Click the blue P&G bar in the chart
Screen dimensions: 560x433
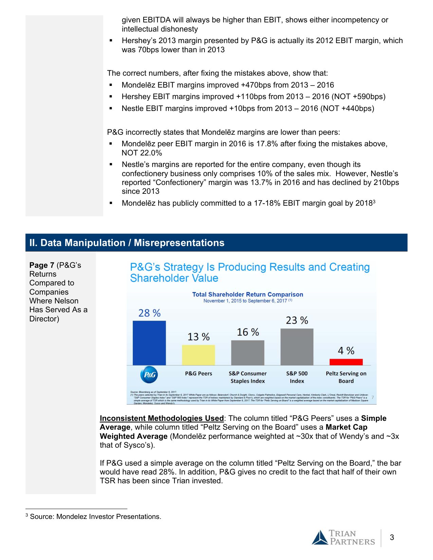[x=149, y=343]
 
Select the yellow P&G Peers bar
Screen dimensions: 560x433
[x=198, y=355]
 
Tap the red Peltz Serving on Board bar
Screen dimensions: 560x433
[x=346, y=362]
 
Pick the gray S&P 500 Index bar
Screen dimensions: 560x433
[x=297, y=347]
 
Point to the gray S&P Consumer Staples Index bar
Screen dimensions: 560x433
[x=248, y=353]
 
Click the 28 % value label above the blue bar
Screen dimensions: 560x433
[x=149, y=313]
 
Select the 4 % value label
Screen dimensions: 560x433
[x=346, y=351]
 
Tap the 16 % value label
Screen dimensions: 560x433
[x=248, y=332]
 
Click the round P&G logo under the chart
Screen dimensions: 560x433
[x=149, y=375]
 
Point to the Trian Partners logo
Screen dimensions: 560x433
[x=343, y=538]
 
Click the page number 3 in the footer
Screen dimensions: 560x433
[x=392, y=537]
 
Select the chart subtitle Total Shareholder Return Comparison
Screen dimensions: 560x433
[x=248, y=294]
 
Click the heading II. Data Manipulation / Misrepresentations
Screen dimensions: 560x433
[x=127, y=243]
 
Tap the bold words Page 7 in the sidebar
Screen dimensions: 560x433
[x=42, y=265]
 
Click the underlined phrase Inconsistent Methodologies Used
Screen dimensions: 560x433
[x=162, y=418]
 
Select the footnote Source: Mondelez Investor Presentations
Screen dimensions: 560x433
[x=95, y=517]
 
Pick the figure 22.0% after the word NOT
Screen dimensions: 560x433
[x=151, y=153]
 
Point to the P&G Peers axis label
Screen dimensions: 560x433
[x=198, y=373]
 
